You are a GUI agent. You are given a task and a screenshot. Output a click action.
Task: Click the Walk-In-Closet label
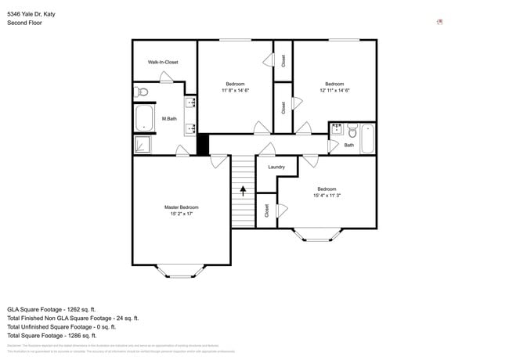pyautogui.click(x=163, y=62)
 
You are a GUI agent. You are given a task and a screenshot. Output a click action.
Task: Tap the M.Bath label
pyautogui.click(x=168, y=119)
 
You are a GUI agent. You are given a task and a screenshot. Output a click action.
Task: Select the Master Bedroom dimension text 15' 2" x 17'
pyautogui.click(x=181, y=214)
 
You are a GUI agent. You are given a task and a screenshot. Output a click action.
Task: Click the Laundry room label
pyautogui.click(x=276, y=167)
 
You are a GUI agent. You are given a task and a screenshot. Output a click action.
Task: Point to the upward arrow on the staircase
pyautogui.click(x=244, y=190)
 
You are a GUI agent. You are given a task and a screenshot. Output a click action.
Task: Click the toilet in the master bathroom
pyautogui.click(x=142, y=92)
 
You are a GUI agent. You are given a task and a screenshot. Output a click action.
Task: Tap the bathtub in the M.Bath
pyautogui.click(x=144, y=118)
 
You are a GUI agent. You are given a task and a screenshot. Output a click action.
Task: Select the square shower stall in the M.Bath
pyautogui.click(x=143, y=144)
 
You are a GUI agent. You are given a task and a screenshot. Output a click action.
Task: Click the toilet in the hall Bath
pyautogui.click(x=353, y=131)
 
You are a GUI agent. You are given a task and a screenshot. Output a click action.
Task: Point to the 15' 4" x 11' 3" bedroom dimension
pyautogui.click(x=327, y=196)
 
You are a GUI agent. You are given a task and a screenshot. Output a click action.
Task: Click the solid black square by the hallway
pyautogui.click(x=202, y=144)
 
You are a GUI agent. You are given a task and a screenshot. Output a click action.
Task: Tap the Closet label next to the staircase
pyautogui.click(x=267, y=211)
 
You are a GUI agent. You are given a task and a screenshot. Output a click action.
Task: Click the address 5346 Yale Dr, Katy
pyautogui.click(x=31, y=14)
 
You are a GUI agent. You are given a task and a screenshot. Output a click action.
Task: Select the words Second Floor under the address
pyautogui.click(x=24, y=23)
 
